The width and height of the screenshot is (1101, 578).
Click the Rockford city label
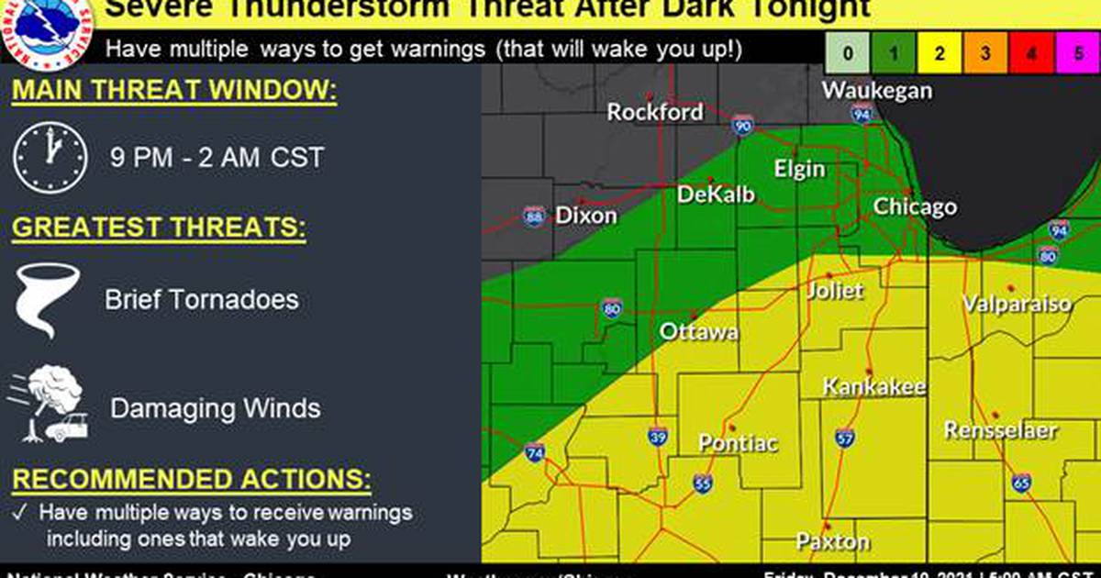click(655, 112)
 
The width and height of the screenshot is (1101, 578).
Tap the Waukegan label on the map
click(876, 90)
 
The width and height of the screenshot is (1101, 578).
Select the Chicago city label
click(914, 206)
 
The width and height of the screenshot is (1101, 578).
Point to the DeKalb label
click(716, 195)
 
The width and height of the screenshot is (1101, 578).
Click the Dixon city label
click(586, 216)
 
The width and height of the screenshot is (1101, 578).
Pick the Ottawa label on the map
click(699, 331)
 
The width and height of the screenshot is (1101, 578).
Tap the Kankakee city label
click(873, 387)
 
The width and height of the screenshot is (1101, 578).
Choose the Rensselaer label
click(1001, 429)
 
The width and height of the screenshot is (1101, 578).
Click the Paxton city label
click(832, 541)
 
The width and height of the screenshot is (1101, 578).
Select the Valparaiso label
click(1017, 304)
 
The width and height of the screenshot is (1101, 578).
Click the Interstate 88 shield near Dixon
click(534, 217)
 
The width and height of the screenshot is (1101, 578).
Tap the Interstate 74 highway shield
click(535, 452)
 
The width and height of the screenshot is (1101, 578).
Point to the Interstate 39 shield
click(657, 435)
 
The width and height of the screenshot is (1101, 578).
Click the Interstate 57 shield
click(845, 437)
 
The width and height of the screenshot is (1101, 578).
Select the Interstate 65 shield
click(1022, 482)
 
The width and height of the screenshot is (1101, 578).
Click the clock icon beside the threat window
click(50, 158)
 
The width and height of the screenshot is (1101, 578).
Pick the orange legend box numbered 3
click(984, 53)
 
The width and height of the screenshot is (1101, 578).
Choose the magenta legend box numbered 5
click(1076, 53)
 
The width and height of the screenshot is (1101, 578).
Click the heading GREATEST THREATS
click(159, 228)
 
